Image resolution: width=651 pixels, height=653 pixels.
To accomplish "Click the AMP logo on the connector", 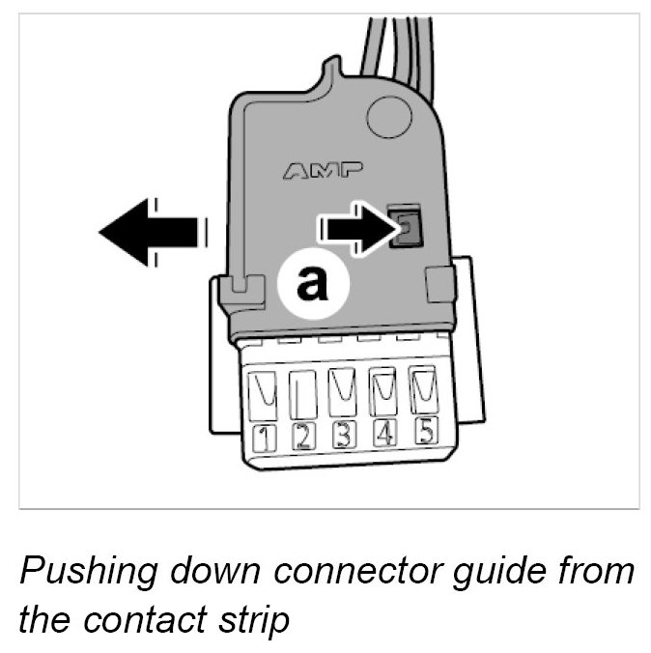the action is (323, 172).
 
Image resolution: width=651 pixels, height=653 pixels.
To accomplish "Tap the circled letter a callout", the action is (311, 283).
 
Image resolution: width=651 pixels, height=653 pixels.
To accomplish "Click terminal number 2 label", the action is (301, 437).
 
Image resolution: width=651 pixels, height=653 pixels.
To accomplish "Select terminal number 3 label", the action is (342, 435).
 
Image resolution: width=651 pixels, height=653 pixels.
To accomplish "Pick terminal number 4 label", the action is (383, 433).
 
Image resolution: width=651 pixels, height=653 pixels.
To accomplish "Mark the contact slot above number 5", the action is (422, 388).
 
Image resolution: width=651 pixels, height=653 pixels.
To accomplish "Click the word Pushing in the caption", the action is (83, 574).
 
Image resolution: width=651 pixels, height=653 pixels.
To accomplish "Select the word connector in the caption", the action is (370, 572).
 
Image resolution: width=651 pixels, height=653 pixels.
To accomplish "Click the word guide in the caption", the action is (507, 574).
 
